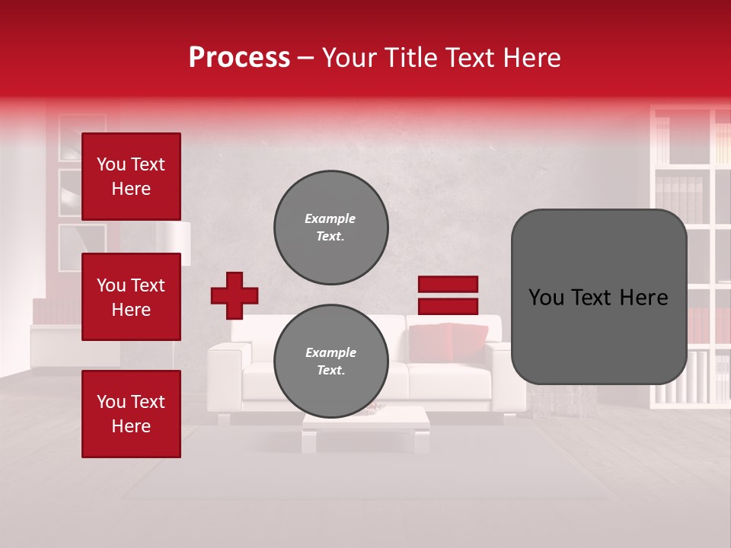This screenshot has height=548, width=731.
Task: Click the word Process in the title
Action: click(x=239, y=58)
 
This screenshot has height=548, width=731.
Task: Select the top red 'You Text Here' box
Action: click(x=131, y=177)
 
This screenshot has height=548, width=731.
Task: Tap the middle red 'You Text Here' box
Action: click(x=131, y=297)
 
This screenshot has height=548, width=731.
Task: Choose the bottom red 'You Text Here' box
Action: click(x=131, y=413)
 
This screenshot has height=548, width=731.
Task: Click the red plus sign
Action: click(x=235, y=295)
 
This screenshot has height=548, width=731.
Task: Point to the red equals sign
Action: click(x=448, y=295)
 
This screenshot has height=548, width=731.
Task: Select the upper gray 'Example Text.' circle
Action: click(x=330, y=228)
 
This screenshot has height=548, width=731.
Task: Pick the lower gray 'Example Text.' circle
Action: click(x=330, y=362)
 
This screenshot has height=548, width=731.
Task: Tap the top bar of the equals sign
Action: click(x=448, y=285)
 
